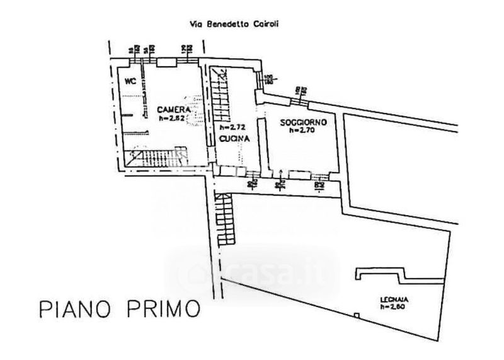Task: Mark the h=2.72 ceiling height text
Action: click(x=225, y=127)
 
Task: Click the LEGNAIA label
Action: click(x=391, y=299)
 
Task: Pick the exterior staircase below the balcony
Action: click(x=224, y=221)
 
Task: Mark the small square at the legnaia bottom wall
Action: click(x=357, y=315)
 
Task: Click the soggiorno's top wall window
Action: click(x=296, y=96)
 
